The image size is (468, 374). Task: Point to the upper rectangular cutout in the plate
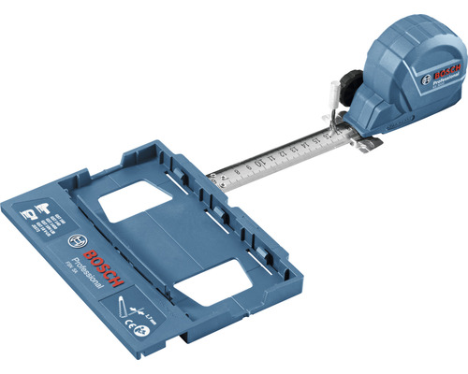[x=134, y=202]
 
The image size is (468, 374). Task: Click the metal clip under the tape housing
[x=365, y=140]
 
